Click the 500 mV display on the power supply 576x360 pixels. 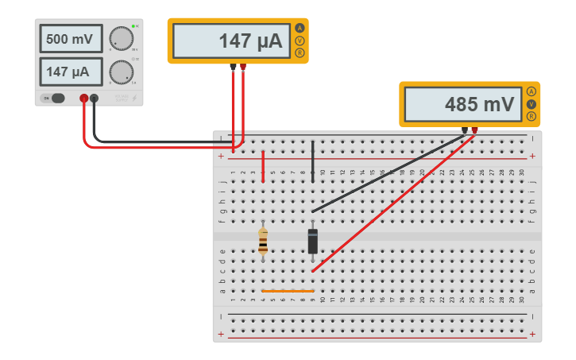71,39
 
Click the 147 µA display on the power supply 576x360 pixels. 71,72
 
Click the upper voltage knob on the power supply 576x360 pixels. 121,38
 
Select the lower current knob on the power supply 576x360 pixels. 121,72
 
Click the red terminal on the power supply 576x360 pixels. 83,99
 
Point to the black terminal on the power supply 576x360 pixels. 94,99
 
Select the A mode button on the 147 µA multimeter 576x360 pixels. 300,28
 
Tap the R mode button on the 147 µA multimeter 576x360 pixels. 300,53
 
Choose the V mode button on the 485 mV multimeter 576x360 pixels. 532,104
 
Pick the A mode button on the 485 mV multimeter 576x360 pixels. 532,91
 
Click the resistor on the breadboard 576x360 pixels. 263,241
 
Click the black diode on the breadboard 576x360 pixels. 312,241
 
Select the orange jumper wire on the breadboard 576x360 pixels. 288,291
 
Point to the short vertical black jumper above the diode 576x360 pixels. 312,161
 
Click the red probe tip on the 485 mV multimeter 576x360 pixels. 474,130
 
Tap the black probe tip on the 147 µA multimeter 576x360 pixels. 233,66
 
